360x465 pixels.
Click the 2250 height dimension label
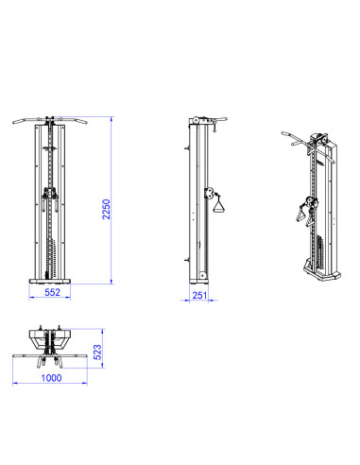(x=107, y=209)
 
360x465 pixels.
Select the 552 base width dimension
(x=52, y=292)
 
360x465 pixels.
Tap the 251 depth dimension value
(x=199, y=296)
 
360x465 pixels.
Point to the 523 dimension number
(x=97, y=353)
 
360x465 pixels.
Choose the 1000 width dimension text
(x=51, y=378)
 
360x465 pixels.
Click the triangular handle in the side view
(x=219, y=204)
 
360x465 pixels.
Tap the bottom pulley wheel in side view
(x=203, y=276)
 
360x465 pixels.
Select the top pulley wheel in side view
(x=197, y=120)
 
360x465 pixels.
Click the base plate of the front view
(x=50, y=282)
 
